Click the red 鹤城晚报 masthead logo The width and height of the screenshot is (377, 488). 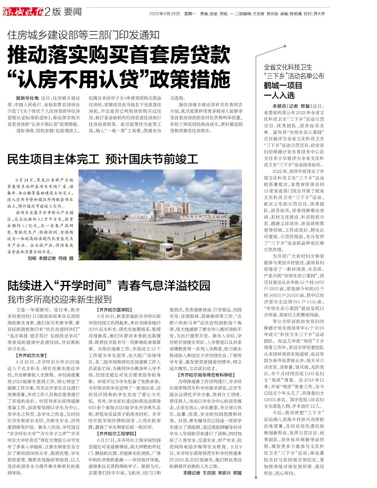click(x=22, y=12)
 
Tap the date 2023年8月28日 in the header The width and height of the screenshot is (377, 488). click(x=164, y=14)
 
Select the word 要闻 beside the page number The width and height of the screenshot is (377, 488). click(x=72, y=12)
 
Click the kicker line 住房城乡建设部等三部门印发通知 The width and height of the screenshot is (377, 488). click(x=84, y=35)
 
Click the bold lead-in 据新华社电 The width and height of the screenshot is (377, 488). click(x=28, y=99)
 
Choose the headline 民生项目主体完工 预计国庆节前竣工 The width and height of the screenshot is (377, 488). click(x=103, y=159)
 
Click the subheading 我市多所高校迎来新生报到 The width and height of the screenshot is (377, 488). click(x=60, y=299)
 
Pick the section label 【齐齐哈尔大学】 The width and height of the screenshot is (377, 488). click(x=31, y=356)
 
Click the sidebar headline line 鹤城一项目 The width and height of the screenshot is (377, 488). click(x=283, y=86)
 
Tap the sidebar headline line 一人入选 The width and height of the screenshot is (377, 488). click(x=279, y=95)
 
